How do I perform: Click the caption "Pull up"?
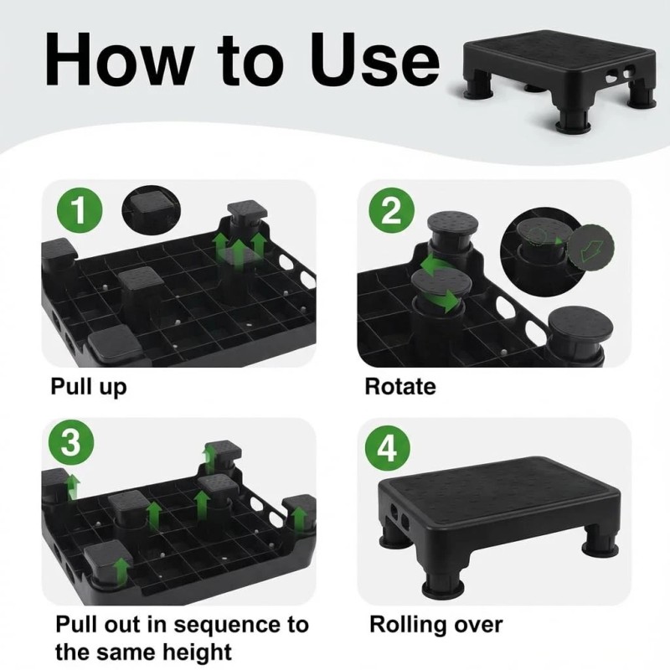88,387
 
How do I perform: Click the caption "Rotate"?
399,387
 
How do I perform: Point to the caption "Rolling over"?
435,625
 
